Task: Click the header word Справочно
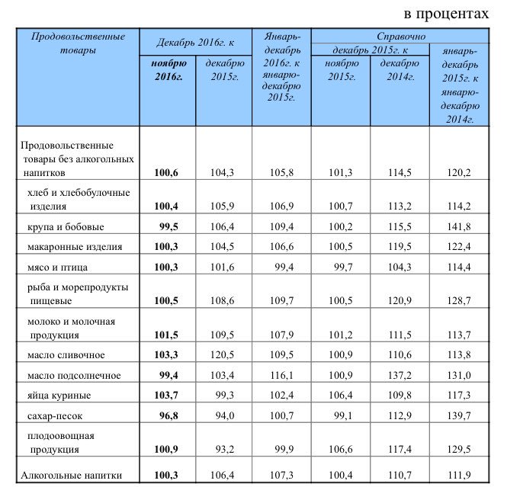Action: tap(400, 37)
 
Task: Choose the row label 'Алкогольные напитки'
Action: tap(71, 476)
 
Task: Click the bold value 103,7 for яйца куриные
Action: tap(166, 396)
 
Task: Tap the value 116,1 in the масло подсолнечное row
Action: tap(281, 376)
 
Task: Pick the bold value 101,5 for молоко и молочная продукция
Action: tap(166, 335)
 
